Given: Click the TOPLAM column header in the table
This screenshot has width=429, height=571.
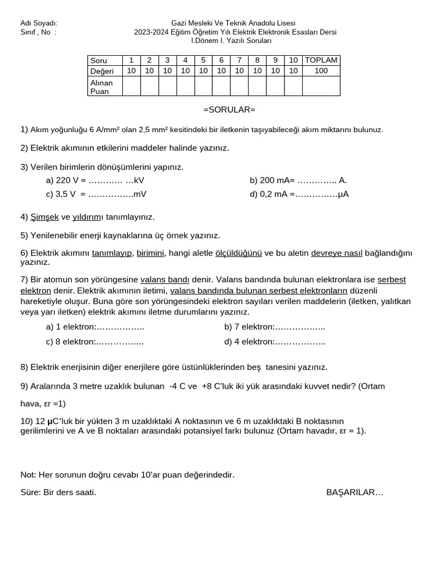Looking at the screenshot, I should (x=321, y=60).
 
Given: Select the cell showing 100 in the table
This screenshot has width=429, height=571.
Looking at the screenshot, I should (x=321, y=71).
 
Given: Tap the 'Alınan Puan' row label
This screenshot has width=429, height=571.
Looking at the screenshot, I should (x=102, y=86).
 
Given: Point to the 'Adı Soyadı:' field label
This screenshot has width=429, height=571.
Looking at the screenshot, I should (x=39, y=23).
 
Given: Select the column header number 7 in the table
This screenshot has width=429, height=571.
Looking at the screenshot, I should (x=239, y=60).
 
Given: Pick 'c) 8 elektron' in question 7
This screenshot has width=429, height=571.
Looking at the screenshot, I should (x=70, y=341).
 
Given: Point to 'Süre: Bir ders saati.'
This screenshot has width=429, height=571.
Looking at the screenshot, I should (x=58, y=492).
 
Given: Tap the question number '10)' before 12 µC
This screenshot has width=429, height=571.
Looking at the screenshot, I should (x=27, y=421).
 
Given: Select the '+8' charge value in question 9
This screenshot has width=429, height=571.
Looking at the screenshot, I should (x=207, y=386).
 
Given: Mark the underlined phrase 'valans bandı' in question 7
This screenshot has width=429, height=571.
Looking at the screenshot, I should (x=165, y=279).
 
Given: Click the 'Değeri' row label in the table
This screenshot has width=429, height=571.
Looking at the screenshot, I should (x=102, y=71).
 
